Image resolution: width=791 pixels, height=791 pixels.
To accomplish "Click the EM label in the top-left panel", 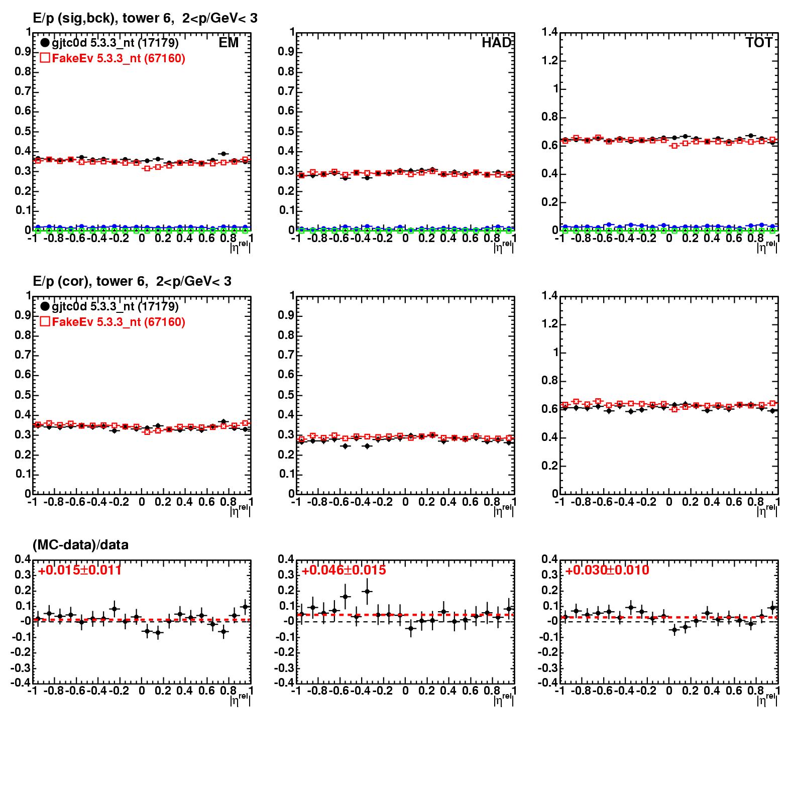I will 229,43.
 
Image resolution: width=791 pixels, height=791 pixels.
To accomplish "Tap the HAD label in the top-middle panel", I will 496,43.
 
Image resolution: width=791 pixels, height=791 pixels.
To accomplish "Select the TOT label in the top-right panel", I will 759,43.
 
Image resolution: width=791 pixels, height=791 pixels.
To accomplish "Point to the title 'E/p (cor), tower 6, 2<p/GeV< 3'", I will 132,282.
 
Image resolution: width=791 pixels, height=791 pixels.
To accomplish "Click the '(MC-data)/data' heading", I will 80,545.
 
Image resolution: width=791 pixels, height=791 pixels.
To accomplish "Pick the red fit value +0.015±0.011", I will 79,571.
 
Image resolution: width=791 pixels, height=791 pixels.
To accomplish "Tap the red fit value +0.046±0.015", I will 344,571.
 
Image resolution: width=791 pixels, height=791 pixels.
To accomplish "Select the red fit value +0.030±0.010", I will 607,571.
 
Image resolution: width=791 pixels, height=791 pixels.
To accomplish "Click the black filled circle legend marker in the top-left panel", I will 45,43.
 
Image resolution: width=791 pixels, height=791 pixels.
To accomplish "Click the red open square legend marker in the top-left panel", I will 45,58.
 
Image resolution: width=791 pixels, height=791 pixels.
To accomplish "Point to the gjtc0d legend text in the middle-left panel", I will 115,306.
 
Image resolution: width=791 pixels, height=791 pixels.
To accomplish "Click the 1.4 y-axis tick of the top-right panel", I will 549,33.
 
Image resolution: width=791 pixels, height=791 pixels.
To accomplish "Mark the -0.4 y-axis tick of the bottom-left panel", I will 22,683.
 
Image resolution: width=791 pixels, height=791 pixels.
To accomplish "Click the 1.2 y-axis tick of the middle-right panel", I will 549,324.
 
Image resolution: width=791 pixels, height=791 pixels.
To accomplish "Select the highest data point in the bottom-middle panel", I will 367,591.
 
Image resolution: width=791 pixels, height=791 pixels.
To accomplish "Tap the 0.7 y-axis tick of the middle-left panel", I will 23,355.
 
